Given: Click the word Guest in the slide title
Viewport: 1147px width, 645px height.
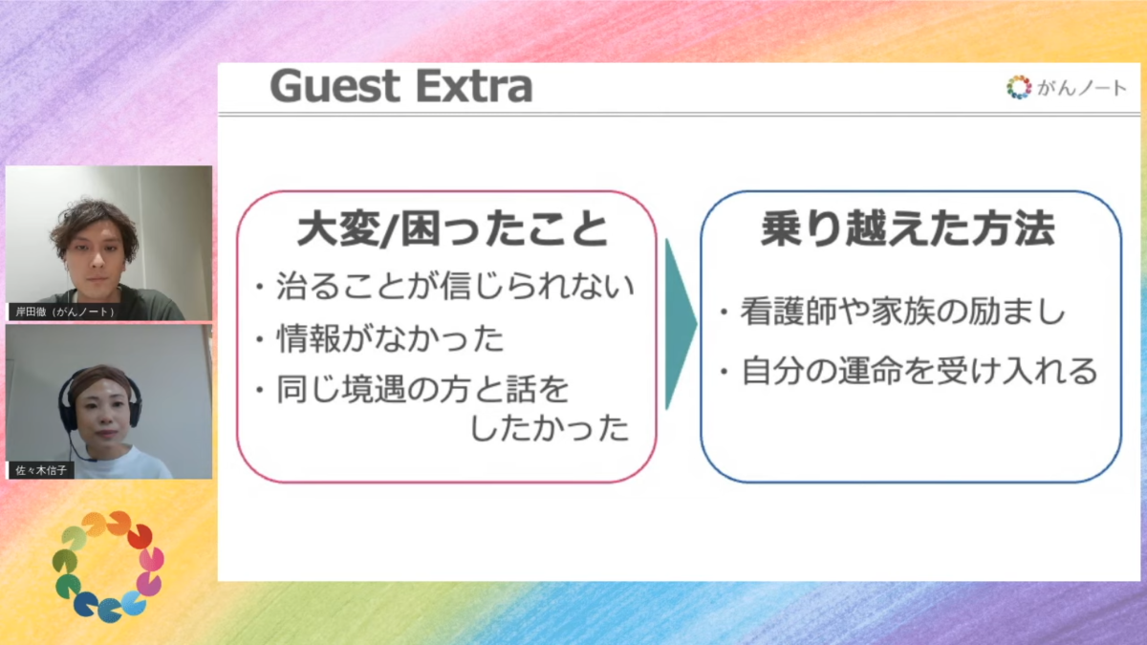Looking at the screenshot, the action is pos(335,86).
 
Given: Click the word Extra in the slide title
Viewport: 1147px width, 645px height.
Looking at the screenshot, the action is pos(475,86).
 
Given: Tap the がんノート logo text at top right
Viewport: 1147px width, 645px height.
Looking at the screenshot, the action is pos(1081,88).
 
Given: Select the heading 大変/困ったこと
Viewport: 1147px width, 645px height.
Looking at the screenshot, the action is pos(452,228).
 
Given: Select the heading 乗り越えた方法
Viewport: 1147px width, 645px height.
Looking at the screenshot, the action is pos(908,228).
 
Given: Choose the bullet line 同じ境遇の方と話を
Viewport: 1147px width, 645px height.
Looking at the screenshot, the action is pos(412,390).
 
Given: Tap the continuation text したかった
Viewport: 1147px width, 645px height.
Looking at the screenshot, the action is pos(550,428).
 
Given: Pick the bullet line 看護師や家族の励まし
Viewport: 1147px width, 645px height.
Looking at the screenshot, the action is pos(893,311).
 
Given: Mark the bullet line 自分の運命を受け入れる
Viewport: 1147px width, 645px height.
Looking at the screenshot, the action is pos(909,371).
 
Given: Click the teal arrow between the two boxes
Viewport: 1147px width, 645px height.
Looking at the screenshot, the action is pos(681,324).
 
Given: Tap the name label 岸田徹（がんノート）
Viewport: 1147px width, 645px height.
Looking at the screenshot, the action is pos(65,312).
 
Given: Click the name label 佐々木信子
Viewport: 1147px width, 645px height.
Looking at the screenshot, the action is pos(41,470).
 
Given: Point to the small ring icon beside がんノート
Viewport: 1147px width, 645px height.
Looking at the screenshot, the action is pos(1019,88).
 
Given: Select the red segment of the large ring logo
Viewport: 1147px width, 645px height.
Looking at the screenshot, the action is pos(140,536).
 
